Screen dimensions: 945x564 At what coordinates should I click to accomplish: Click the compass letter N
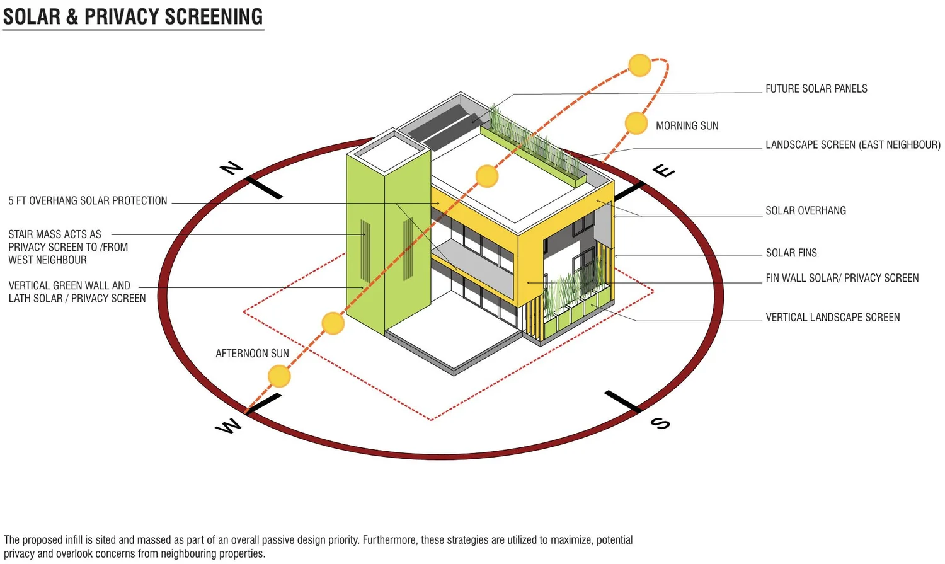[x=231, y=168]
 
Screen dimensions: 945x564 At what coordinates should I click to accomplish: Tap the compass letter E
[x=663, y=170]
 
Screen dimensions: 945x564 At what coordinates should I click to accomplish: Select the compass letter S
[x=660, y=423]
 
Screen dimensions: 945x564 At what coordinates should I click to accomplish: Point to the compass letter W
[x=228, y=427]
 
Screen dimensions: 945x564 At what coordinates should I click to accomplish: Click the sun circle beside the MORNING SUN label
[x=636, y=123]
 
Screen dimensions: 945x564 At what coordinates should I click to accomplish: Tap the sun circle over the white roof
[x=487, y=176]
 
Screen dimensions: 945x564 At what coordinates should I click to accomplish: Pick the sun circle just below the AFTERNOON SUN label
[x=279, y=376]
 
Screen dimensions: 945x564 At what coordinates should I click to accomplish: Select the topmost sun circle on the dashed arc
[x=639, y=65]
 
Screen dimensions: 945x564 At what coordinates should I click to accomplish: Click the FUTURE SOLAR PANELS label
[x=816, y=89]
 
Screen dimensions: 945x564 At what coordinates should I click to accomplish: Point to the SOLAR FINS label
[x=791, y=253]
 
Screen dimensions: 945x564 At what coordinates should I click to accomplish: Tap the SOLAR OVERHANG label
[x=805, y=210]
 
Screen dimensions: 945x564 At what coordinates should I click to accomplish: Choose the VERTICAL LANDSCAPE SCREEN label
[x=832, y=318]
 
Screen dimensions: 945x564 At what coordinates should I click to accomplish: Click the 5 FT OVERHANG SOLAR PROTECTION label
[x=88, y=201]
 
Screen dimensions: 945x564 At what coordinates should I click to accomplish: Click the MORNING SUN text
[x=687, y=126]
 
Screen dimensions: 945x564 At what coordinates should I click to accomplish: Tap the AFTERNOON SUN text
[x=252, y=354]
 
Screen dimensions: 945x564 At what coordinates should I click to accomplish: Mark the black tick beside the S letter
[x=622, y=401]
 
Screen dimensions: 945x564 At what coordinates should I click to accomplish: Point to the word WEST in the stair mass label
[x=21, y=260]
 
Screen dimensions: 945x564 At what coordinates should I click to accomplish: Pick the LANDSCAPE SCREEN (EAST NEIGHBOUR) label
[x=852, y=145]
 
